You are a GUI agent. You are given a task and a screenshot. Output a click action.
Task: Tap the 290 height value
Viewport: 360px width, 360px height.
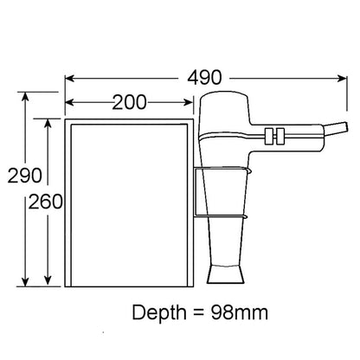coord(19,177)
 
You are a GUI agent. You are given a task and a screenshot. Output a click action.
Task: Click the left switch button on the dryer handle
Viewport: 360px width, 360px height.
coord(271,134)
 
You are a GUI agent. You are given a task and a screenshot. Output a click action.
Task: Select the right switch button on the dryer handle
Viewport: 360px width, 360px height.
coord(282,134)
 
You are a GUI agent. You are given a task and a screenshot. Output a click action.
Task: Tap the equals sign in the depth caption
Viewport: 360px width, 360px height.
coord(198,312)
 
